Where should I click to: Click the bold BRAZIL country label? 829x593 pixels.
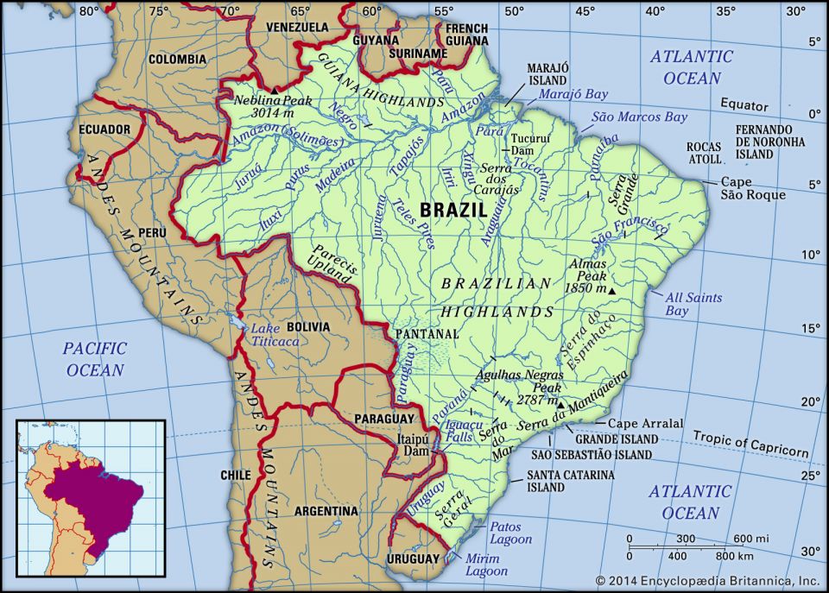click(x=453, y=210)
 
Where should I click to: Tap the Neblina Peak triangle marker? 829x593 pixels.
click(x=275, y=91)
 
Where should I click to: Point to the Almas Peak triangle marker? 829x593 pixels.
click(x=612, y=292)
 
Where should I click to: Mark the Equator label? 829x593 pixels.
click(x=744, y=106)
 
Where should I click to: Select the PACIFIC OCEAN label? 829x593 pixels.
click(x=94, y=359)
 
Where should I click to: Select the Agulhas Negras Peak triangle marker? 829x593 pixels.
click(x=560, y=404)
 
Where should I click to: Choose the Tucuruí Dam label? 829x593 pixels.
click(x=526, y=144)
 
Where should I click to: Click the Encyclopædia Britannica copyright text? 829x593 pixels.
click(x=707, y=581)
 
